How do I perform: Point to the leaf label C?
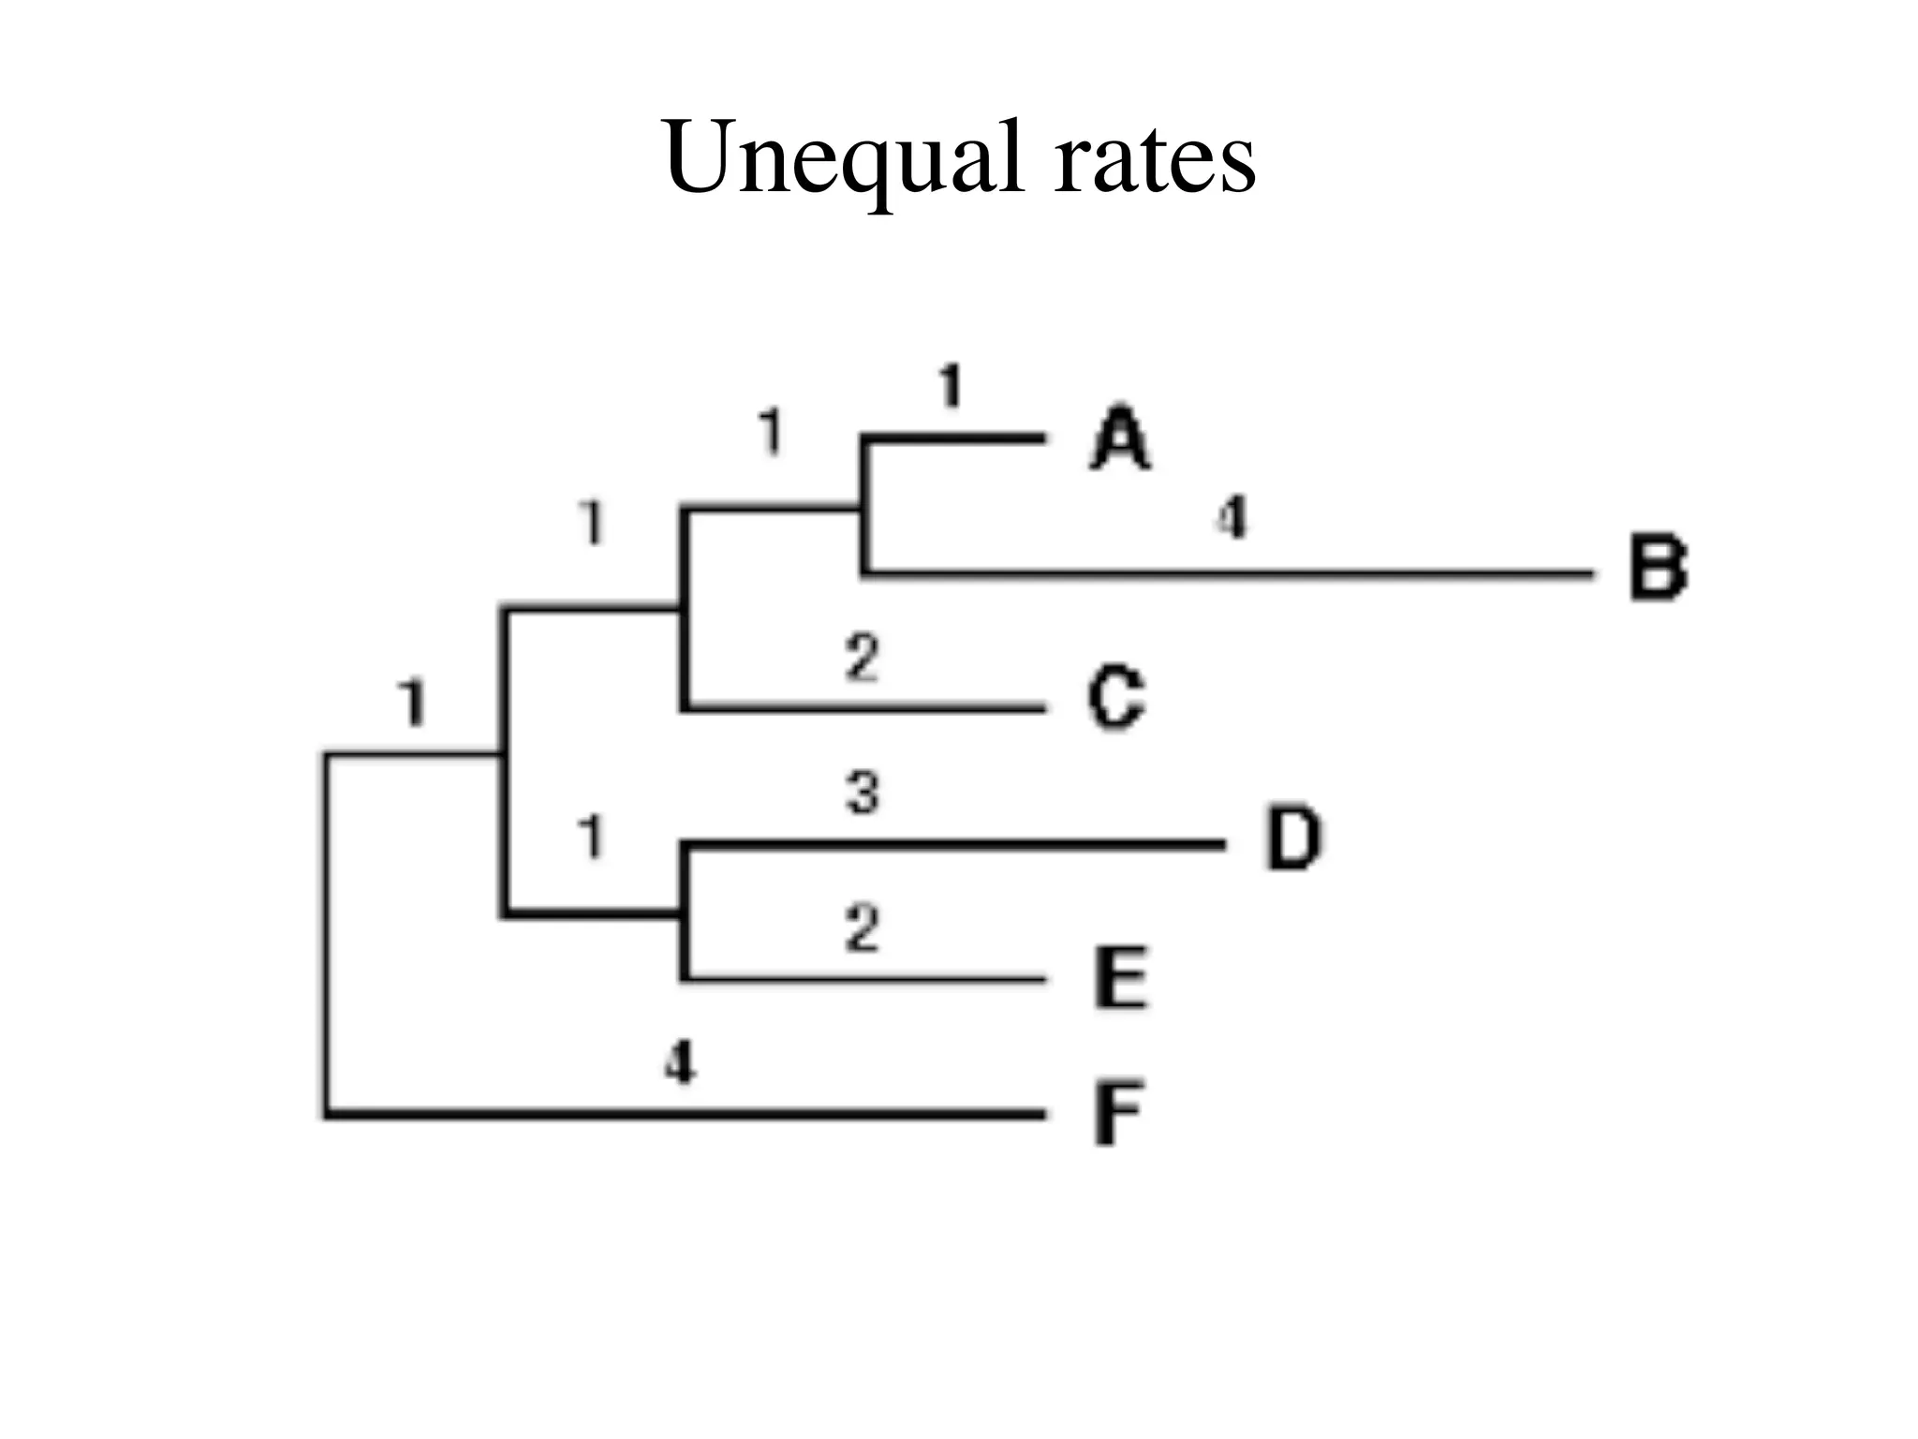1115,698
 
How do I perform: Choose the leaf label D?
1293,838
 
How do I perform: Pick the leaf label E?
1120,977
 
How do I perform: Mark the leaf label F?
1118,1114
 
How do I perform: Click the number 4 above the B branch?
1232,517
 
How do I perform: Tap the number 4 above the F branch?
680,1063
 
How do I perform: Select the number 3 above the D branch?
863,793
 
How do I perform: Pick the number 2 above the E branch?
862,928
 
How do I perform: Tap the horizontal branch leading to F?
684,1114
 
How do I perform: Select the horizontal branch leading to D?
955,845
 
